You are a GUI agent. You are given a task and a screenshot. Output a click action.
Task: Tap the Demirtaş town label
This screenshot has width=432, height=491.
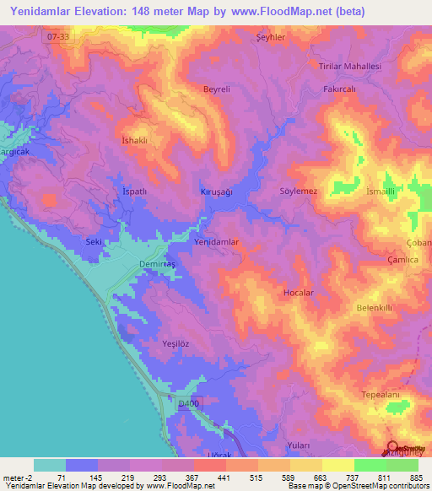click(155, 264)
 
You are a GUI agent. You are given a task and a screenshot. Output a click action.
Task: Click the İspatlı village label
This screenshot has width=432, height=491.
click(135, 192)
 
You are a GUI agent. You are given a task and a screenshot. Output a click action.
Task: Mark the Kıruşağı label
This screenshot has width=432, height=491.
click(216, 192)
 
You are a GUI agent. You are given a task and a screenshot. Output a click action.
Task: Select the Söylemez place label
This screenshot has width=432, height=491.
click(298, 192)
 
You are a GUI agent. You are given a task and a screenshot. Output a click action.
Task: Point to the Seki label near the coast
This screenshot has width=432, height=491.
click(94, 242)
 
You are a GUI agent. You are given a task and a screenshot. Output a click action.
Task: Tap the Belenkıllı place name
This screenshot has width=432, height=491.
click(375, 308)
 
